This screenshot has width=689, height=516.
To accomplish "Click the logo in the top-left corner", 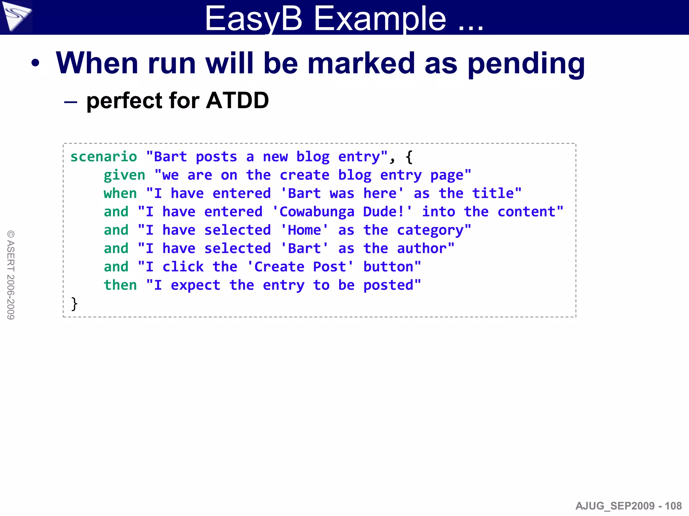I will click(15, 16).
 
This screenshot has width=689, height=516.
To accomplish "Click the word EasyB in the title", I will click(253, 19).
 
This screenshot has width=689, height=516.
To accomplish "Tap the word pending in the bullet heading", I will click(526, 64).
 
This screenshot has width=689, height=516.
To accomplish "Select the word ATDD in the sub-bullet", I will click(237, 100).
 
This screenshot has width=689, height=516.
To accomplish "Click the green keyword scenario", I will click(104, 157).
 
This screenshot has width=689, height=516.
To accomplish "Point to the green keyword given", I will click(124, 175).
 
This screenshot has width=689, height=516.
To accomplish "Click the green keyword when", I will click(120, 193).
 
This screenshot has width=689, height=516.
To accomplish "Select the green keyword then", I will click(120, 285).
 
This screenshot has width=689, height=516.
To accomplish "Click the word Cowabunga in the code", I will click(317, 212).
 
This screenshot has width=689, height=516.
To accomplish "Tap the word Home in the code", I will click(304, 230).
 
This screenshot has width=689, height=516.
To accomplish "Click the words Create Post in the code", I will click(300, 267).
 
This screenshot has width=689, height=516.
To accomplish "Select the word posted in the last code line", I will click(388, 285).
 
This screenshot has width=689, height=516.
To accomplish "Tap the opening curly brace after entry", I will click(409, 157).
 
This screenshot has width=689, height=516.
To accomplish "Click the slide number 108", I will click(673, 506).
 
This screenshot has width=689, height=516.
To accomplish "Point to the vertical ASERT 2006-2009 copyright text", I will click(11, 275).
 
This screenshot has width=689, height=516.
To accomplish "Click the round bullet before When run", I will click(35, 63).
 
